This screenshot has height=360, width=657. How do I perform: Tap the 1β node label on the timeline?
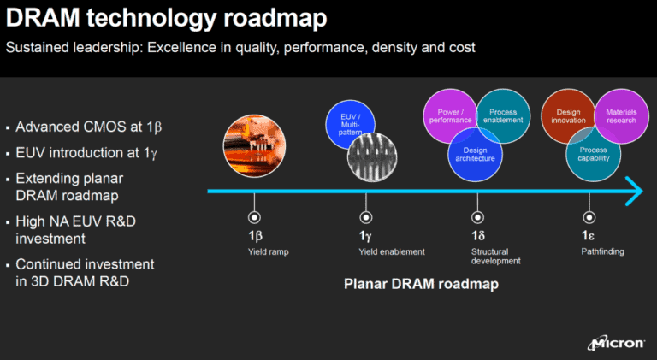[255, 235]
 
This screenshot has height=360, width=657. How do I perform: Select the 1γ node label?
[365, 235]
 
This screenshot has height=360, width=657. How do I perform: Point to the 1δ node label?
[477, 235]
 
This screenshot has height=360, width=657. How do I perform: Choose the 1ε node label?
[589, 235]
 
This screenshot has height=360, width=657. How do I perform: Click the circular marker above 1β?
[254, 217]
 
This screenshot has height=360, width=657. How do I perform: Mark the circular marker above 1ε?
[589, 217]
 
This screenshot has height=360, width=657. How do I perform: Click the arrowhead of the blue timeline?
[633, 191]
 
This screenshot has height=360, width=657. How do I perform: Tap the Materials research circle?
[619, 115]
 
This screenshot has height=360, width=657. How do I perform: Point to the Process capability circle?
[592, 154]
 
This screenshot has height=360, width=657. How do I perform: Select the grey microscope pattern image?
[371, 153]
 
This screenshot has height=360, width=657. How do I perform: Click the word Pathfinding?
[602, 251]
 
